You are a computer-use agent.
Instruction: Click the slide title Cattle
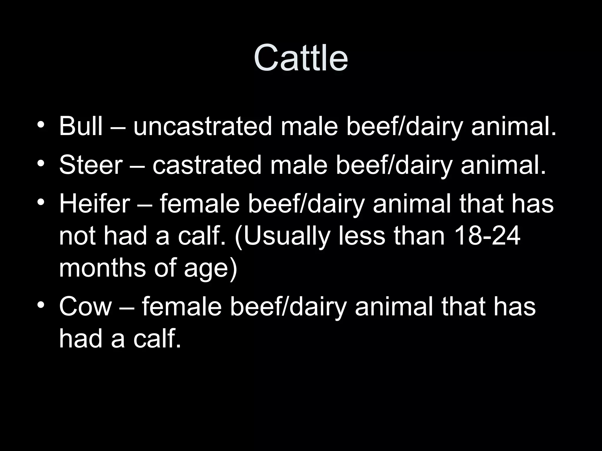coord(301,58)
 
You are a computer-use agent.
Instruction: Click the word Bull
coord(81,126)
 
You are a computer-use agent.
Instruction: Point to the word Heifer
coord(94,203)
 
